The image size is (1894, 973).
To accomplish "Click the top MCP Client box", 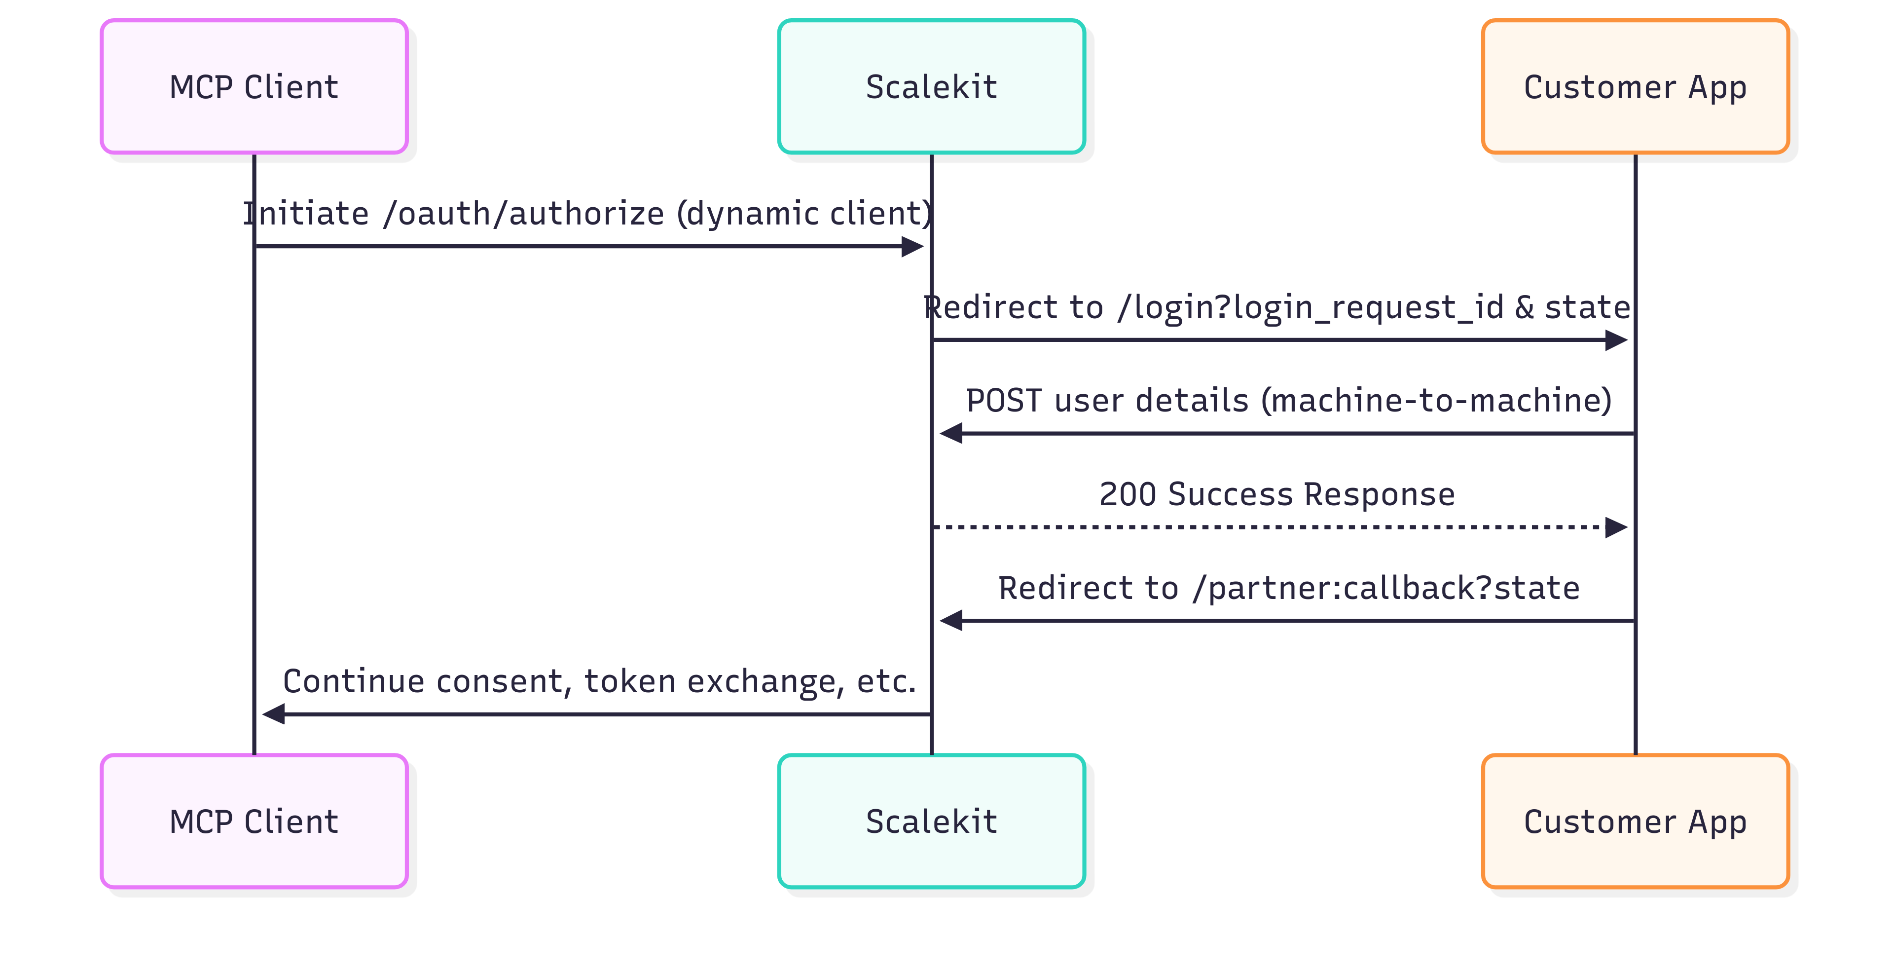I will coord(254,87).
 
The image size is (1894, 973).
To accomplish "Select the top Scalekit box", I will coord(931,87).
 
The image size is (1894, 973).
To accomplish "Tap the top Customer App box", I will coord(1635,87).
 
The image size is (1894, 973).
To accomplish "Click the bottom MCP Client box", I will coord(254,821).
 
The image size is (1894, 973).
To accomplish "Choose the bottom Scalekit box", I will coord(931,821).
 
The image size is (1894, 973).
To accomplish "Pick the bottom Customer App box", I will coord(1635,821).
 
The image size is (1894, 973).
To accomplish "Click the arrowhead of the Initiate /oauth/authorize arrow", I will coord(912,246).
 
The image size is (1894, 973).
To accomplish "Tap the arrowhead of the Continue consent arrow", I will coord(274,713).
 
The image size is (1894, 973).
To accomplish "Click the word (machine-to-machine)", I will coord(1436,401).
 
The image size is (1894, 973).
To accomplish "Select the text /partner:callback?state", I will coord(1386,588).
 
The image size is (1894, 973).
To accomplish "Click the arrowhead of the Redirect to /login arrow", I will coord(1616,340).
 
